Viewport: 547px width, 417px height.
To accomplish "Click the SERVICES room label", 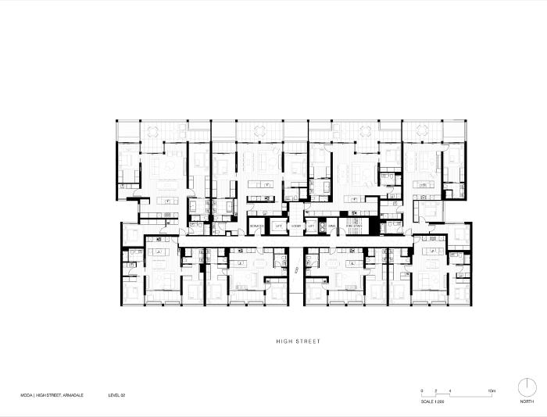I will click(x=256, y=226).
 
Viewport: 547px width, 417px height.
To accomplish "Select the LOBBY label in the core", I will click(x=295, y=226).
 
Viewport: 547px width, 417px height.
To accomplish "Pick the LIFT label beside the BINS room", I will click(x=311, y=226).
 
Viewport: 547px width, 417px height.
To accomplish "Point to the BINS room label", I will click(x=331, y=226).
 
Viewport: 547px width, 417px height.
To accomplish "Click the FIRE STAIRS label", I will click(x=353, y=226).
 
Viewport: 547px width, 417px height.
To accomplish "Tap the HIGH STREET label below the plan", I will click(x=299, y=341).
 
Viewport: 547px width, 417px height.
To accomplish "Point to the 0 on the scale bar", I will click(x=422, y=390).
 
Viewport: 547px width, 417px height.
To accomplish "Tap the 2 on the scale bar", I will click(x=436, y=390).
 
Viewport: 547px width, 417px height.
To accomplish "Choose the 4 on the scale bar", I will click(x=451, y=390).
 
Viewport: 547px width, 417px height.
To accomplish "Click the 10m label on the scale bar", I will click(x=492, y=390).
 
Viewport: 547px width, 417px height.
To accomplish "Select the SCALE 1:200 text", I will click(x=431, y=401).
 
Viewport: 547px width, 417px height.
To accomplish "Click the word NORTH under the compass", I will click(x=527, y=401).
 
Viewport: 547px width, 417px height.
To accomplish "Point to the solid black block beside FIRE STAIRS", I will click(x=374, y=226).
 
